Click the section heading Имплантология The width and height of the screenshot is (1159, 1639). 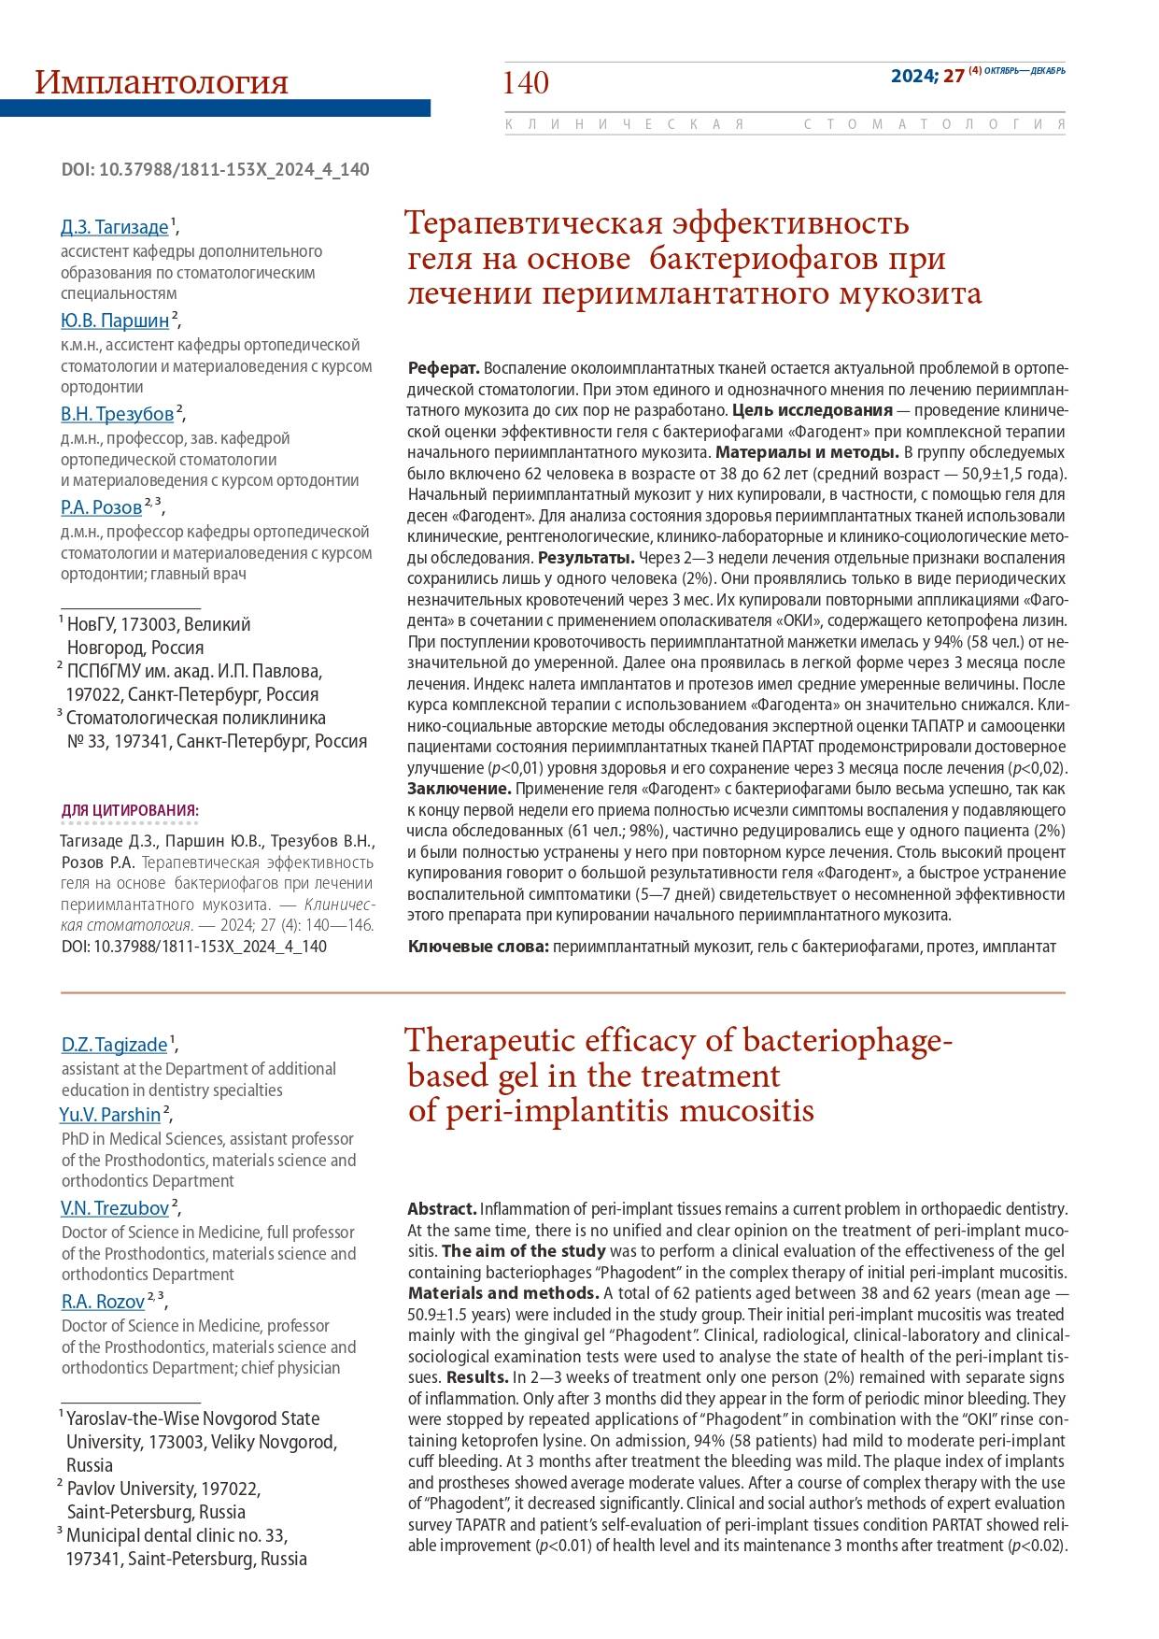[161, 82]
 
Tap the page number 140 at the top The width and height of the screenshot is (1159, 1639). [526, 83]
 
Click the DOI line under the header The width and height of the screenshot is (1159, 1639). [215, 169]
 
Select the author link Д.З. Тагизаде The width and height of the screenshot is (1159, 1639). [114, 227]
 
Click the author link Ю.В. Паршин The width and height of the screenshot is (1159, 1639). [115, 321]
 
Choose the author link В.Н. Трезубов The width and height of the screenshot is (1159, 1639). [117, 414]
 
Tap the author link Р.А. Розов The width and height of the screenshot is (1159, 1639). [101, 507]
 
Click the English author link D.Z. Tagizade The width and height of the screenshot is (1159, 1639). [114, 1044]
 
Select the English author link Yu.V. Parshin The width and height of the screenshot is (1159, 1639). [110, 1114]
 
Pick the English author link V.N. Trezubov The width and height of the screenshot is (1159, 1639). [115, 1207]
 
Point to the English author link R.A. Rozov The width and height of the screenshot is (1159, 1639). [103, 1301]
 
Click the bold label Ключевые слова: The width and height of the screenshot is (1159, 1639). [477, 947]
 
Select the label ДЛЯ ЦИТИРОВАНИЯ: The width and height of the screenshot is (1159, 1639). [130, 809]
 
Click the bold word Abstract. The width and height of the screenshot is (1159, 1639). [442, 1208]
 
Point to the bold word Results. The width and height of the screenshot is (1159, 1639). [476, 1376]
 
